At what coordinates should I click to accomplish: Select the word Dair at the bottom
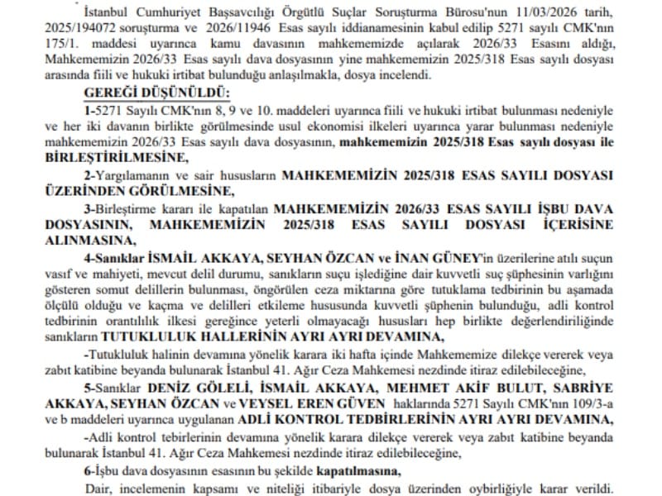point(97,487)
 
